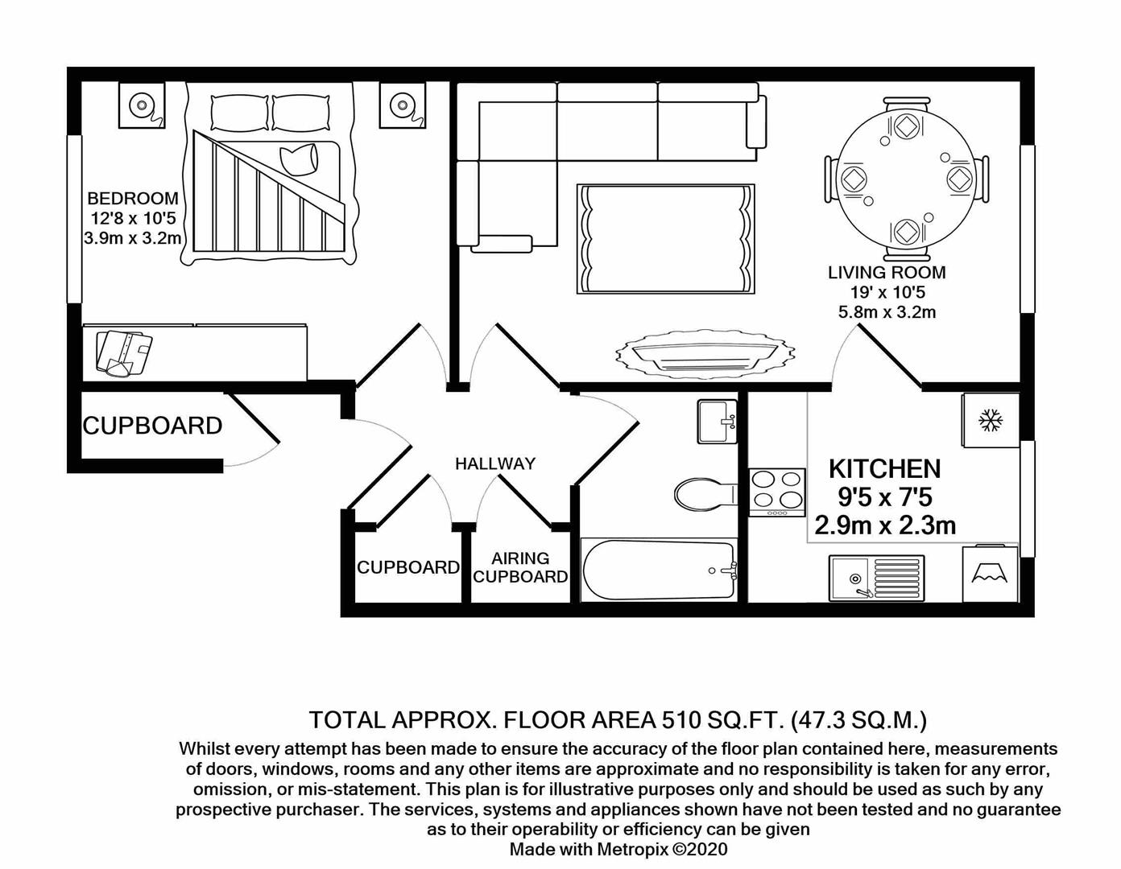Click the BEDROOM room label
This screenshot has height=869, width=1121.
pyautogui.click(x=132, y=198)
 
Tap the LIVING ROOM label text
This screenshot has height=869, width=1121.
pyautogui.click(x=887, y=273)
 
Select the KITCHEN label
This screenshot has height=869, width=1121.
pyautogui.click(x=884, y=468)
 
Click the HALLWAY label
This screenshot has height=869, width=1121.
pyautogui.click(x=494, y=463)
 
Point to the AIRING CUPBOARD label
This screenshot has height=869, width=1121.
pyautogui.click(x=520, y=567)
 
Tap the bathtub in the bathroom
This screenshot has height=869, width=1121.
pyautogui.click(x=658, y=570)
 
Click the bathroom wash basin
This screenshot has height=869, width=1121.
pyautogui.click(x=717, y=421)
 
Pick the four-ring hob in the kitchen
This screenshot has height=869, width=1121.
pyautogui.click(x=777, y=492)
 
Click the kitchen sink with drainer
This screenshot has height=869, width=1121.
pyautogui.click(x=876, y=577)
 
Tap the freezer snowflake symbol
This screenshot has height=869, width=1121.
pyautogui.click(x=990, y=419)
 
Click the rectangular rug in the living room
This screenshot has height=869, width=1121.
pyautogui.click(x=666, y=239)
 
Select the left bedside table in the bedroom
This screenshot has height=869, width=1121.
pyautogui.click(x=142, y=105)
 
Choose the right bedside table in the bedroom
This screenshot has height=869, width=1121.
pyautogui.click(x=403, y=105)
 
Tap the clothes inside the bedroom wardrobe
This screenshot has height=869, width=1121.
pyautogui.click(x=123, y=352)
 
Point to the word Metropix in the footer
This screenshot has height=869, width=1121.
pyautogui.click(x=632, y=849)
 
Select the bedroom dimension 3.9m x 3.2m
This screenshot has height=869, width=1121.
pyautogui.click(x=132, y=238)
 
